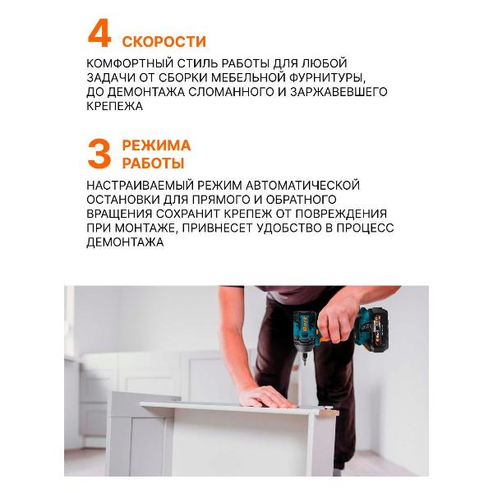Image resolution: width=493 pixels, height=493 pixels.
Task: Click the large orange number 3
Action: [x=100, y=154]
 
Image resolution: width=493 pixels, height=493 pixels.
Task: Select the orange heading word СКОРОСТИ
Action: [x=164, y=41]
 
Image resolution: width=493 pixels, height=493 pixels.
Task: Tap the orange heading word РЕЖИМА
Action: [x=156, y=145]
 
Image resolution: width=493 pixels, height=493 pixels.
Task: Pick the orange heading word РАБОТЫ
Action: [x=153, y=164]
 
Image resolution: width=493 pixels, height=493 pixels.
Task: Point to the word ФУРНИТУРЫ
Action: [x=334, y=77]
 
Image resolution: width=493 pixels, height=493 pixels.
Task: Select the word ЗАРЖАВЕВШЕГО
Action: [x=345, y=92]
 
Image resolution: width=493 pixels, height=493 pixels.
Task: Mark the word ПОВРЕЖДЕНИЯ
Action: [x=348, y=214]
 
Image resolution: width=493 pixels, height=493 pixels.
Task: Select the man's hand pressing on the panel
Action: [x=265, y=398]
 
